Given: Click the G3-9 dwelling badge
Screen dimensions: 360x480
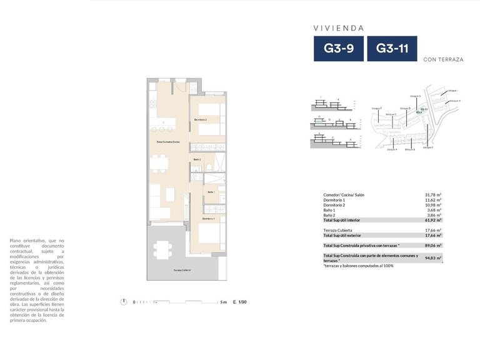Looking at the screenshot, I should coord(338,49).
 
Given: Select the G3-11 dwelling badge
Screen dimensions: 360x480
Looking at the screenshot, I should coord(392,49).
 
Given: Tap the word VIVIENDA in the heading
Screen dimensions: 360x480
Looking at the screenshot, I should coord(338,28).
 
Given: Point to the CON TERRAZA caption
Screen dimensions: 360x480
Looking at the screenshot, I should coord(442,60).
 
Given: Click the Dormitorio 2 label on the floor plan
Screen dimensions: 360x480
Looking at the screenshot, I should coord(200,119).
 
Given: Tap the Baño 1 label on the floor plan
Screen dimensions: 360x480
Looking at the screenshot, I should coord(211,192).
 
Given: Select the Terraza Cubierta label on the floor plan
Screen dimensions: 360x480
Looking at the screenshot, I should coord(182,270).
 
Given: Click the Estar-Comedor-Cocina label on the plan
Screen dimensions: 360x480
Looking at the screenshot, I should coord(168,142).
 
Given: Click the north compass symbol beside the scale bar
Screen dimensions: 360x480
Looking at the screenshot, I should coord(123,302).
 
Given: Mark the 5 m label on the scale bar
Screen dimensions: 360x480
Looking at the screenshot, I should coord(223,302).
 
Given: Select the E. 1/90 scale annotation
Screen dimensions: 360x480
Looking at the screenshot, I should coord(239,302).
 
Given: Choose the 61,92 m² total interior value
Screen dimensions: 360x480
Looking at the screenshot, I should coord(433,220).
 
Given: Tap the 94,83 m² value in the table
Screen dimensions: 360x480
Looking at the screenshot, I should coord(433,257).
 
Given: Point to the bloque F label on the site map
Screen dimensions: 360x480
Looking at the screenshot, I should coord(376,108).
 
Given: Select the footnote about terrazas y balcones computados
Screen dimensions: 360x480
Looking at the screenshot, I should coord(358,266).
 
